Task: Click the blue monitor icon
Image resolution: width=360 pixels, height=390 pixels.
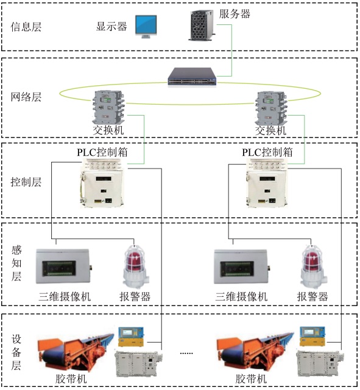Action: pyautogui.click(x=146, y=27)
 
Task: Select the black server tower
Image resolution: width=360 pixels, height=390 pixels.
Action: pyautogui.click(x=201, y=25)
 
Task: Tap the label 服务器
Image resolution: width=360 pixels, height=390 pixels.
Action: pyautogui.click(x=235, y=14)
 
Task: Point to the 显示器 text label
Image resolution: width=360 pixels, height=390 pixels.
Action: pyautogui.click(x=111, y=26)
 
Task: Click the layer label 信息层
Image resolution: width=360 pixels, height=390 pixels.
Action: pyautogui.click(x=26, y=27)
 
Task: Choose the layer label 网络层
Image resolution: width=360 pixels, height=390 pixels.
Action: pyautogui.click(x=26, y=97)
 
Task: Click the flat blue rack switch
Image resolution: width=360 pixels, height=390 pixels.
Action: pyautogui.click(x=192, y=77)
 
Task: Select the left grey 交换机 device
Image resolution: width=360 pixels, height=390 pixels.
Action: pyautogui.click(x=108, y=108)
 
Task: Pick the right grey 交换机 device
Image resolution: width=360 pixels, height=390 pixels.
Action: pyautogui.click(x=271, y=108)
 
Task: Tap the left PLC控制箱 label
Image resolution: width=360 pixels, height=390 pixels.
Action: pyautogui.click(x=102, y=152)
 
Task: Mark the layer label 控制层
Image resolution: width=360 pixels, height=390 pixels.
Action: pyautogui.click(x=26, y=182)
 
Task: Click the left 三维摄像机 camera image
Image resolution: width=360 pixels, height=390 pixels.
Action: pyautogui.click(x=64, y=266)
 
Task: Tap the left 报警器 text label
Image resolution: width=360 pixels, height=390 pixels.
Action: pyautogui.click(x=135, y=296)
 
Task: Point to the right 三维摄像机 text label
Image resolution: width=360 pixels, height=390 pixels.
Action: pyautogui.click(x=241, y=296)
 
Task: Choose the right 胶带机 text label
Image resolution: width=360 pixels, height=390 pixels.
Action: pyautogui.click(x=251, y=379)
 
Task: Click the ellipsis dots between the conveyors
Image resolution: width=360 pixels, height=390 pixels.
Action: pyautogui.click(x=186, y=353)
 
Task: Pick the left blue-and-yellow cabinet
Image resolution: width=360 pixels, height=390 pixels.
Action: pyautogui.click(x=131, y=336)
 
